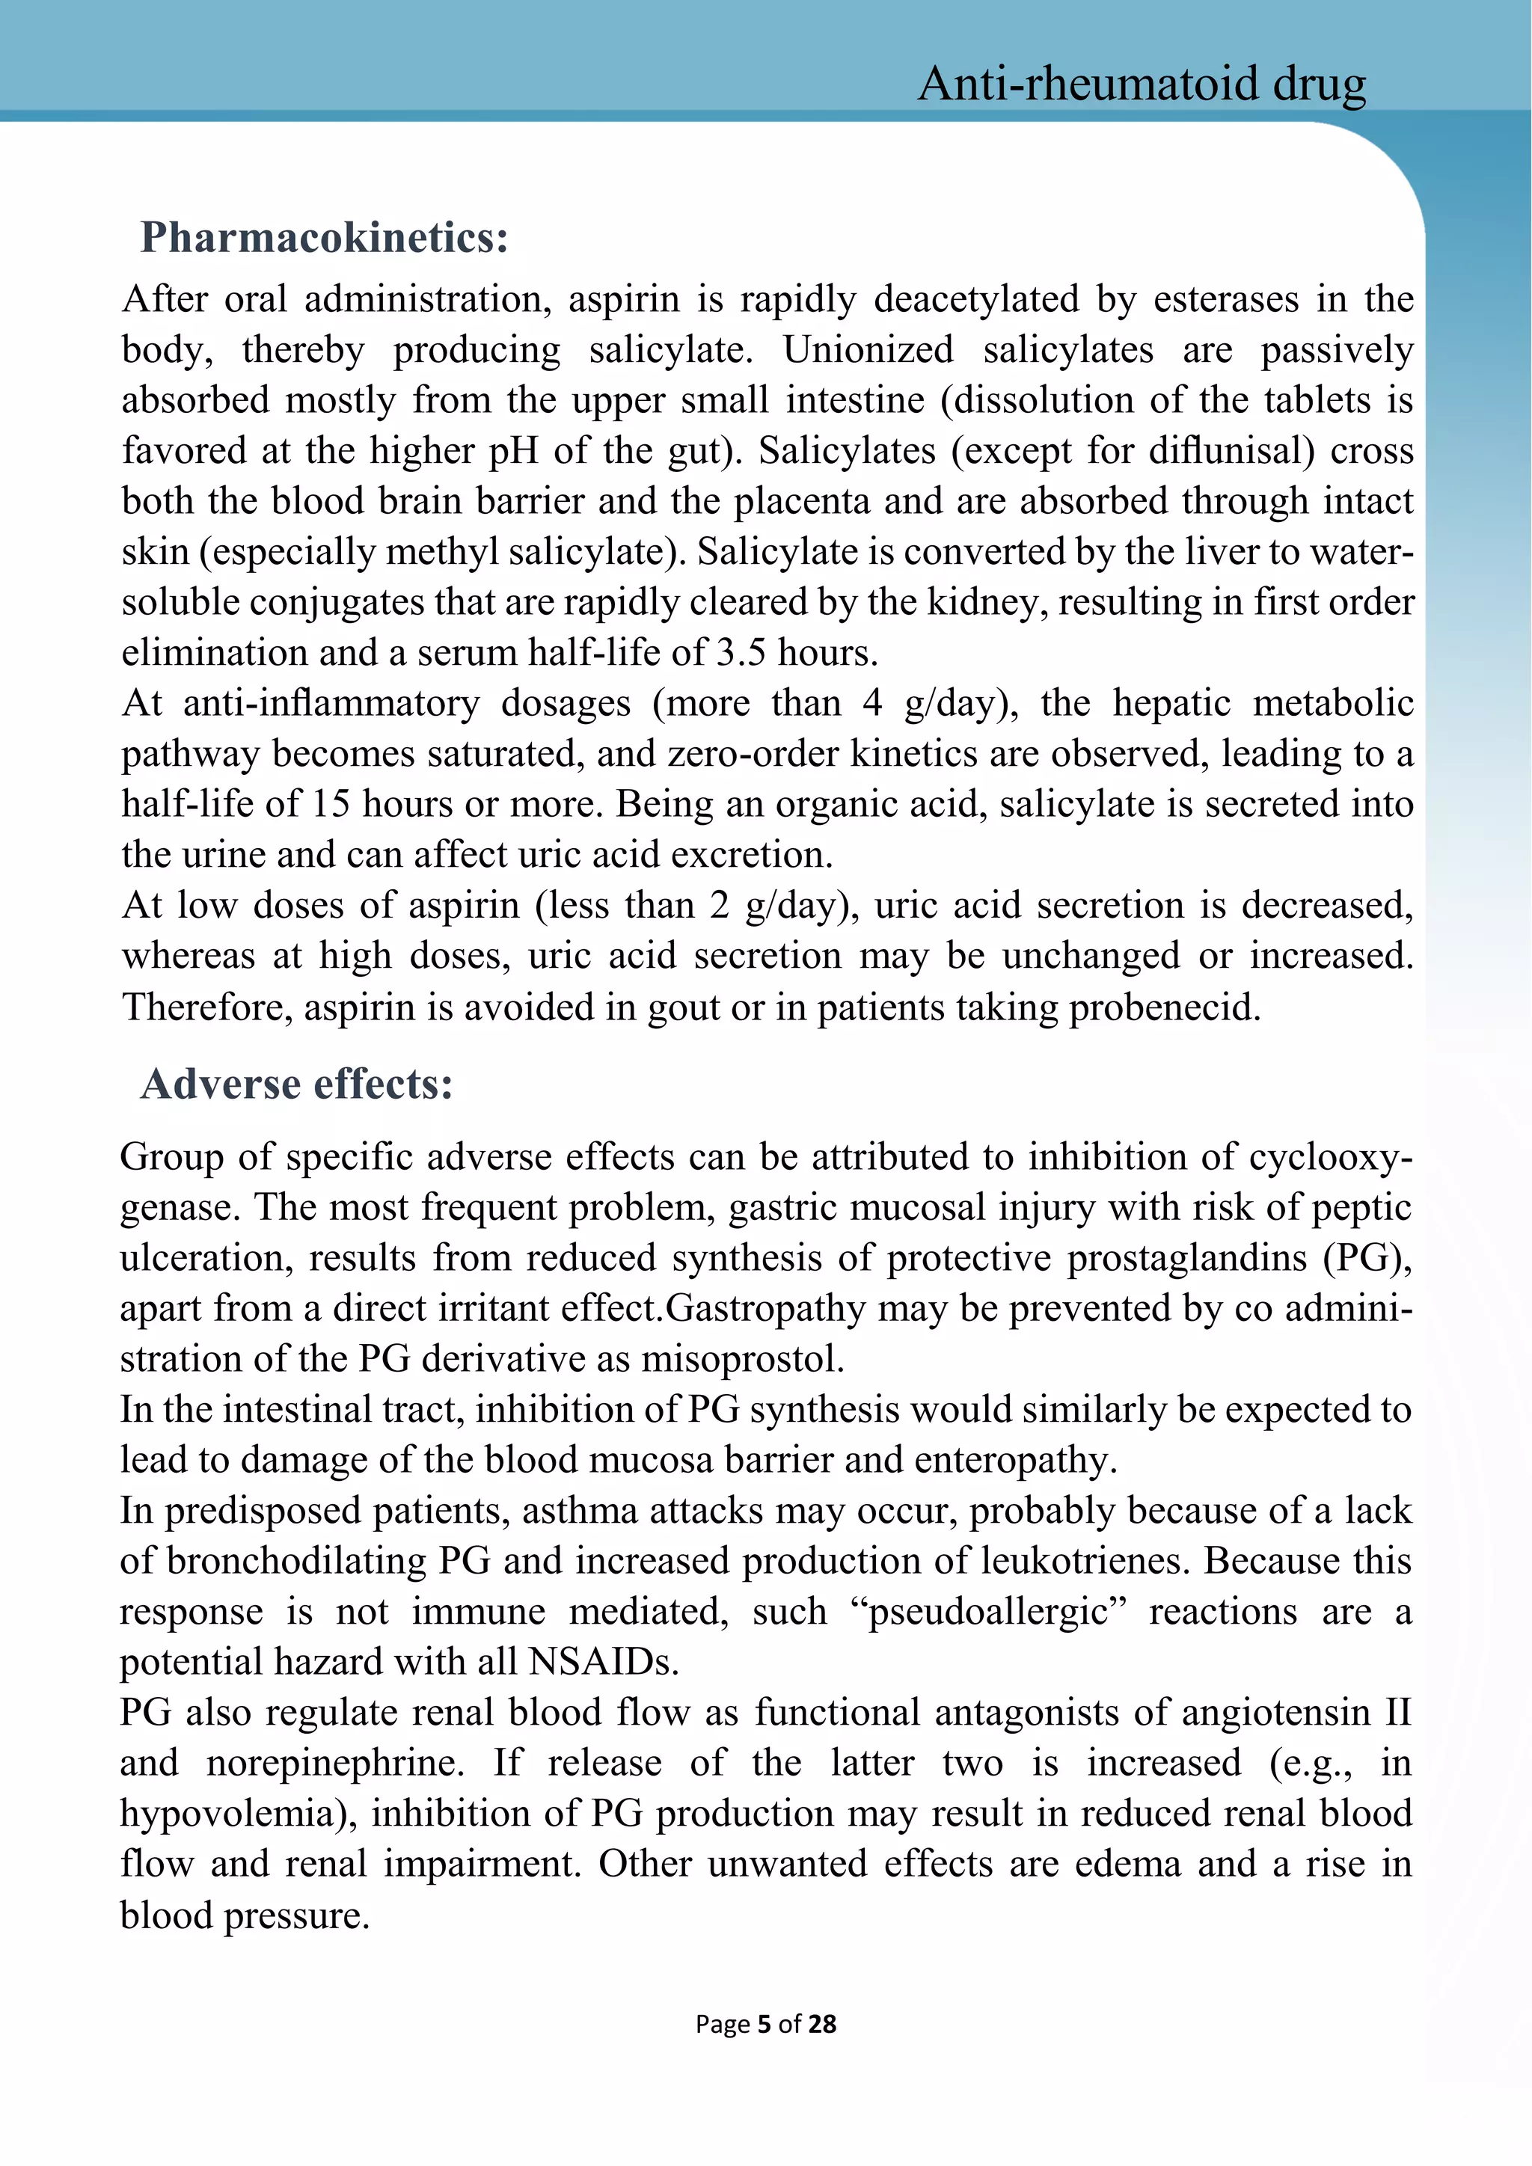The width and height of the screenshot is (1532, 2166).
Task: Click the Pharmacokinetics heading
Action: (325, 237)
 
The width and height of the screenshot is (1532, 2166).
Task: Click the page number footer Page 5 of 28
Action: (765, 2024)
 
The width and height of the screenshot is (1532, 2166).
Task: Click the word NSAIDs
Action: (603, 1662)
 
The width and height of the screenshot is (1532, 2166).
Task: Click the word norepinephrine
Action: (335, 1763)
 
